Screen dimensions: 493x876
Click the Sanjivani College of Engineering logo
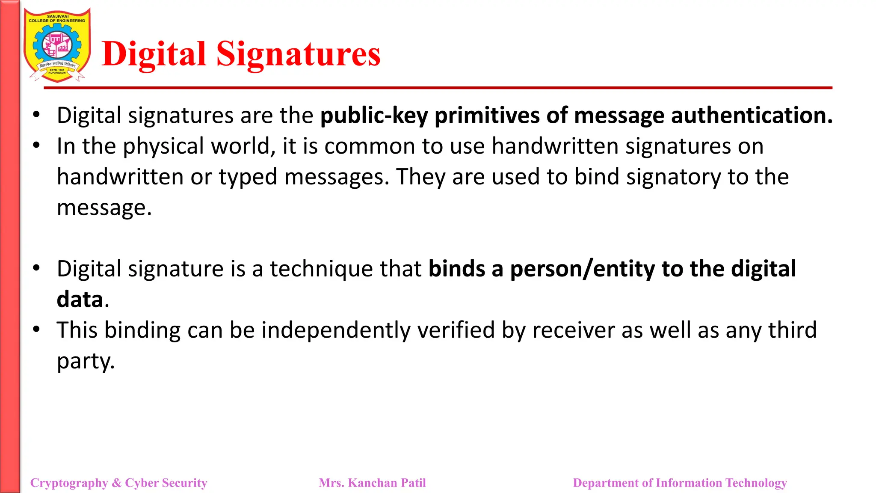point(57,45)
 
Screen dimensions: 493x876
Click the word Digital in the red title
point(154,54)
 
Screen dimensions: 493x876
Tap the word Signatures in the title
point(298,54)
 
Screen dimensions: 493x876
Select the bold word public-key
point(374,116)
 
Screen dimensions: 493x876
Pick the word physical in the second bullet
point(163,146)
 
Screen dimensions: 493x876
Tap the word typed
point(248,177)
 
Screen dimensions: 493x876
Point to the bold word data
point(80,300)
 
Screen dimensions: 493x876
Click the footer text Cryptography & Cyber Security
point(118,483)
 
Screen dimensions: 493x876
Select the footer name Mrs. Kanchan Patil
point(372,483)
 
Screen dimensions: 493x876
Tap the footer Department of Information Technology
point(680,483)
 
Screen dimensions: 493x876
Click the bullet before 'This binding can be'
point(36,330)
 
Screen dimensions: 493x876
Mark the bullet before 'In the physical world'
point(36,146)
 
